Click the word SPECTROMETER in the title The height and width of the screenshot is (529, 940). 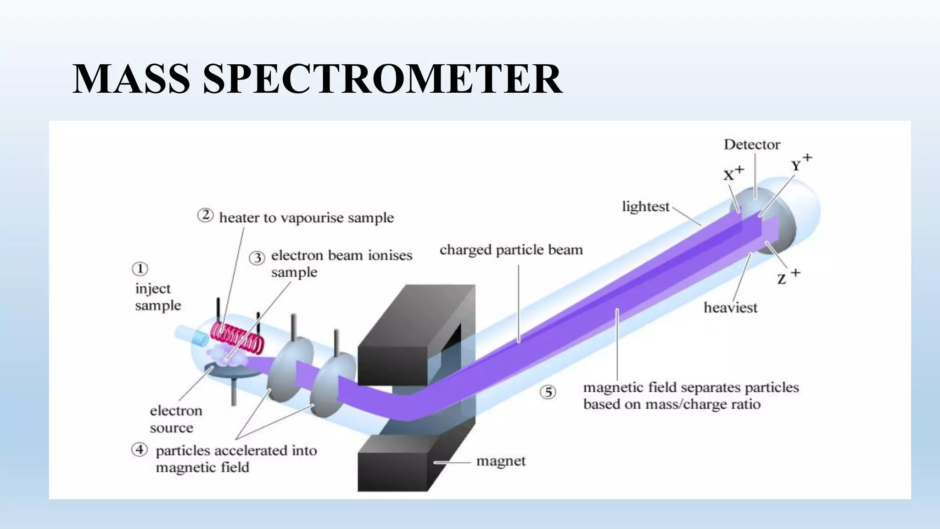(x=382, y=79)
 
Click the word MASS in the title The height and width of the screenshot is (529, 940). (x=131, y=79)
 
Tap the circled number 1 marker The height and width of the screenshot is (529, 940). (x=140, y=269)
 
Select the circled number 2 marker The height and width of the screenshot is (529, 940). (x=205, y=215)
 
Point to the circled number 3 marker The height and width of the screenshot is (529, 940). (x=257, y=258)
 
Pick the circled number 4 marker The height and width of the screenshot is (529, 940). (x=140, y=449)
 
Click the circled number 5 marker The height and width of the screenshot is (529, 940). (x=548, y=392)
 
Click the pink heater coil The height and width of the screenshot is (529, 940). (x=237, y=339)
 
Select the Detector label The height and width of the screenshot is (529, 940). (x=752, y=145)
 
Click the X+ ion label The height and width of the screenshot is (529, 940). (x=733, y=174)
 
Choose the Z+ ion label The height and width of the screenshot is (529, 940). (x=788, y=276)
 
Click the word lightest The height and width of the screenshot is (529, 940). (x=645, y=207)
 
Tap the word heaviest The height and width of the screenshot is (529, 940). (x=730, y=307)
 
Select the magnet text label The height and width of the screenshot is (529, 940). (x=501, y=461)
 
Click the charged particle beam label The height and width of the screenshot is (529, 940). (x=511, y=250)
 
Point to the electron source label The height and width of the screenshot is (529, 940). (x=175, y=419)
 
